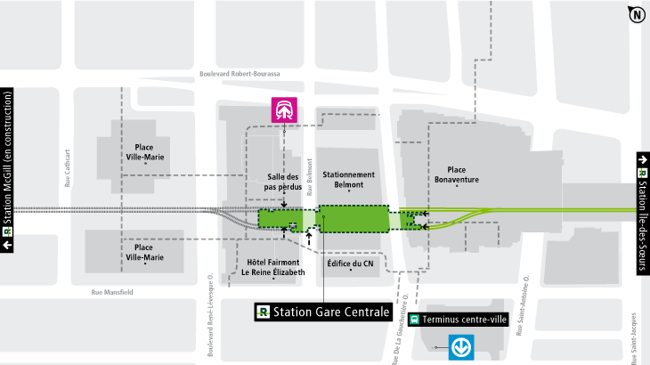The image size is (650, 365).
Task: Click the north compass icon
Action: (x=637, y=14)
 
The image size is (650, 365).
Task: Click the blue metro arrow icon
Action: (x=461, y=345)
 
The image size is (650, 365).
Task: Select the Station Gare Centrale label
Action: (x=323, y=312)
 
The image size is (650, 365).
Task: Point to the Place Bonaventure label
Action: (x=457, y=174)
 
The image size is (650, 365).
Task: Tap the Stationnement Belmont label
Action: (x=349, y=179)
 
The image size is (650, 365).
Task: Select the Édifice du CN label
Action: (x=350, y=263)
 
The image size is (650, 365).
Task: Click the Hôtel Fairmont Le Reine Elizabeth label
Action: (x=273, y=267)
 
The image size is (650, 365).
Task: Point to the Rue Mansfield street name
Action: (x=112, y=291)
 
